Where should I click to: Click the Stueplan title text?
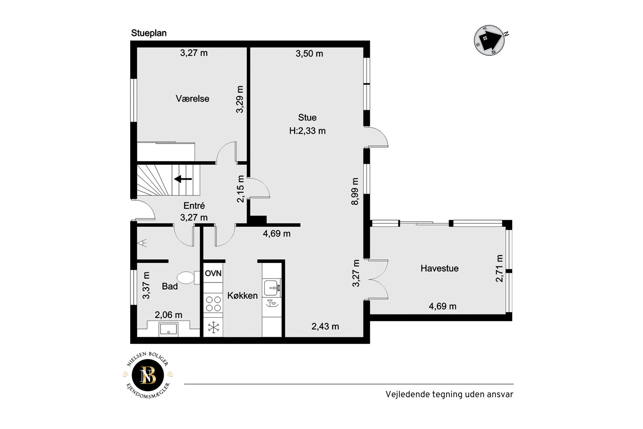pos(149,33)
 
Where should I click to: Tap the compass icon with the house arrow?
pos(490,40)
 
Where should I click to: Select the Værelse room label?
pos(192,99)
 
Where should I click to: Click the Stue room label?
pos(307,118)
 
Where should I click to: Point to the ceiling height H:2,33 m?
pos(307,131)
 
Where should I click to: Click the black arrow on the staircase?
pos(183,179)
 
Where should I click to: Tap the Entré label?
pos(194,206)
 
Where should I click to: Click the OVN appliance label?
pos(213,273)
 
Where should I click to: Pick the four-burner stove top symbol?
pos(213,304)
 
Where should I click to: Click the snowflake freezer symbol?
pos(213,327)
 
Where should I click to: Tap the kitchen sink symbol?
pos(271,288)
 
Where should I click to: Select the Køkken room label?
pos(242,296)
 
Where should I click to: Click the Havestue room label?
pos(440,268)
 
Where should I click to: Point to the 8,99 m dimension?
pos(355,192)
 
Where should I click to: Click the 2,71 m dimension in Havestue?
pos(499,268)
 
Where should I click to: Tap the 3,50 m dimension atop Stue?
pos(309,54)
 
